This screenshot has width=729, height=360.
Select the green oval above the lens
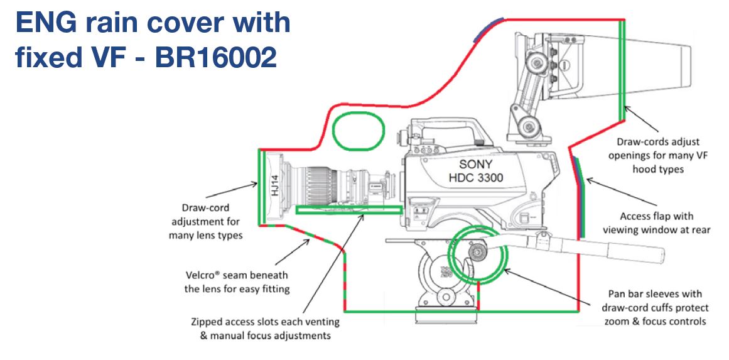pyautogui.click(x=357, y=131)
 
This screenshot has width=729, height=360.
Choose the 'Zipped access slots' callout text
pyautogui.click(x=264, y=328)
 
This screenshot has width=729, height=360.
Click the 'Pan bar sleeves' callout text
pyautogui.click(x=654, y=307)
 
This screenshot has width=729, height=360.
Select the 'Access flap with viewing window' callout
pyautogui.click(x=656, y=223)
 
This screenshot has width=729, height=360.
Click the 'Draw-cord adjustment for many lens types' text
pyautogui.click(x=205, y=221)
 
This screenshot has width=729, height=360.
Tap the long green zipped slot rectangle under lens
pyautogui.click(x=349, y=210)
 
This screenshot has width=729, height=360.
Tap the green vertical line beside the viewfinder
pyautogui.click(x=622, y=69)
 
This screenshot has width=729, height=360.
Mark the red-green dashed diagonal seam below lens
pyautogui.click(x=308, y=237)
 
